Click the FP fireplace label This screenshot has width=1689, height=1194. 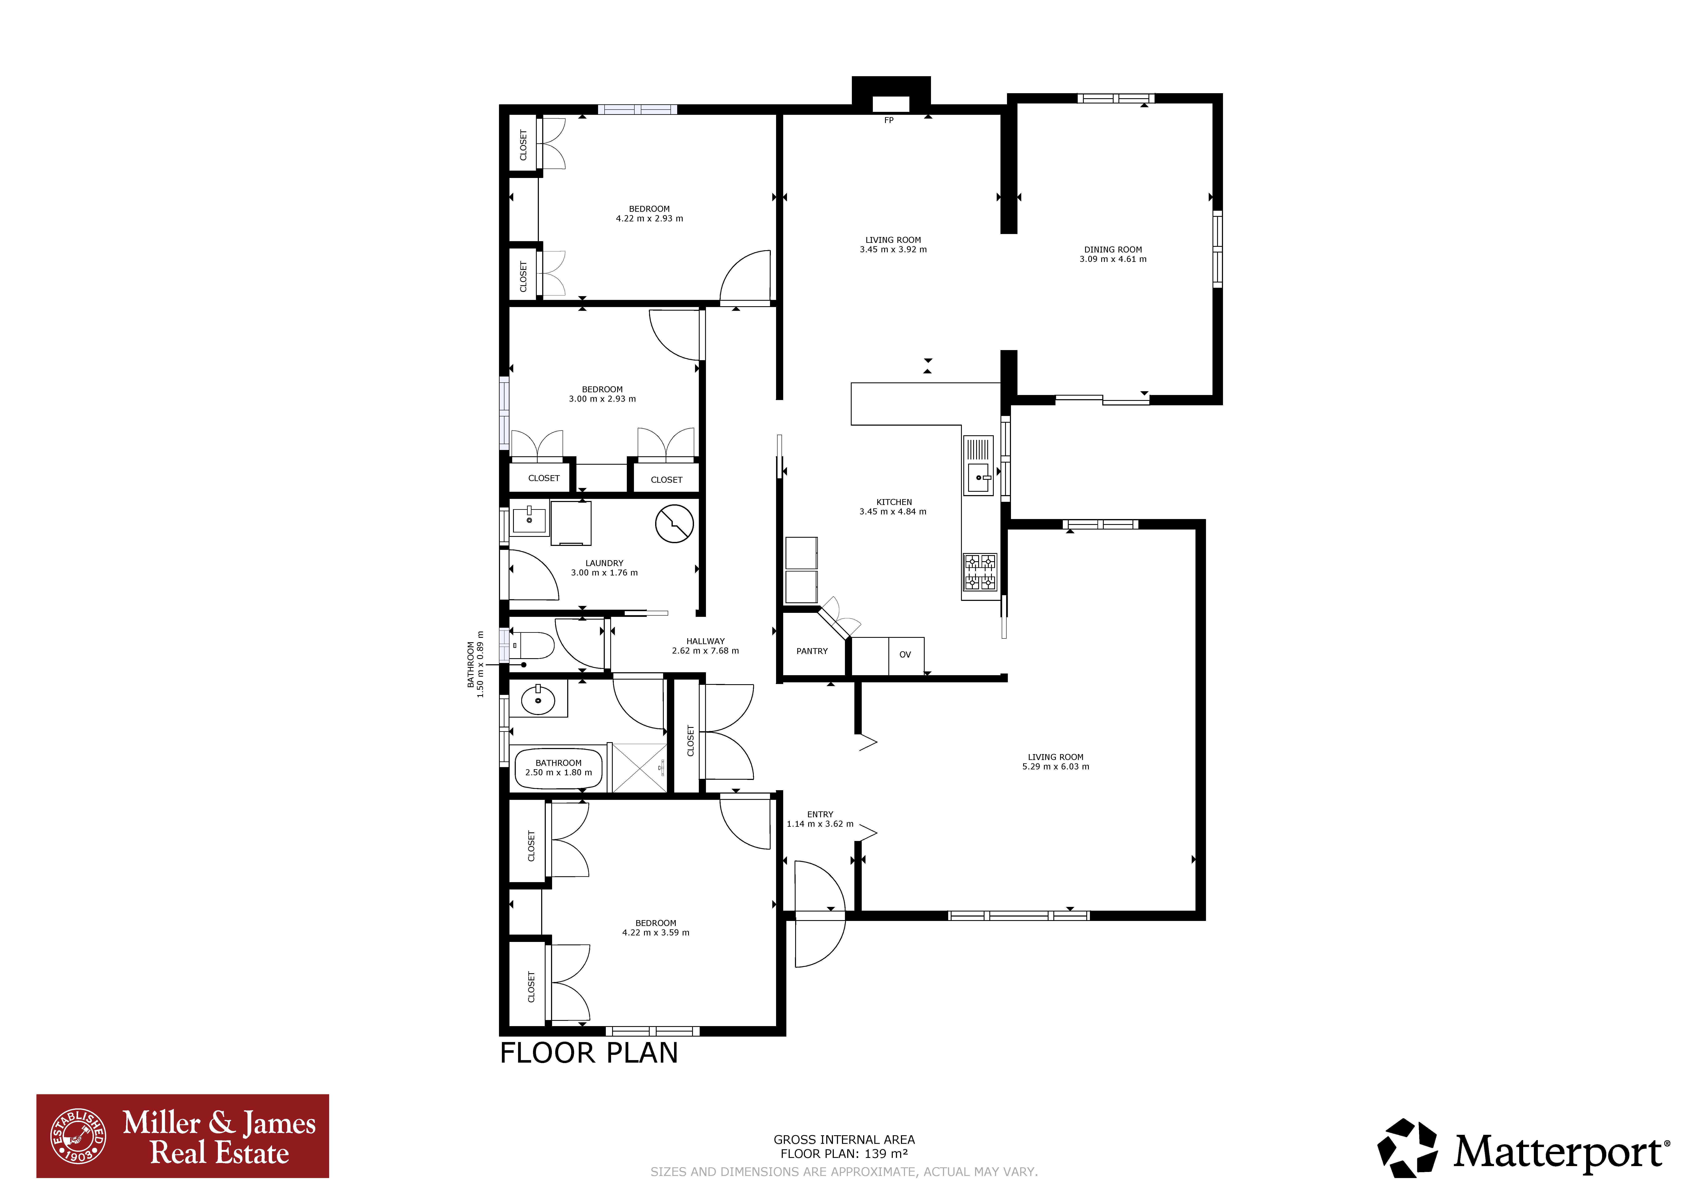coord(889,120)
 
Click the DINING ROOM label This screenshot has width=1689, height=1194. coord(1113,249)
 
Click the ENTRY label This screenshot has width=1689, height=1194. coord(820,814)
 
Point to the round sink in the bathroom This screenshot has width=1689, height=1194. coord(538,700)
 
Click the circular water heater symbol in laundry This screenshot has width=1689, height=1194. coord(674,524)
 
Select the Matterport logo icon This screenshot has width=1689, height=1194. coord(1407,1148)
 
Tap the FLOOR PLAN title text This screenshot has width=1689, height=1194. coord(588,1053)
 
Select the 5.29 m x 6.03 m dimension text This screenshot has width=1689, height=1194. coord(1056,766)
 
